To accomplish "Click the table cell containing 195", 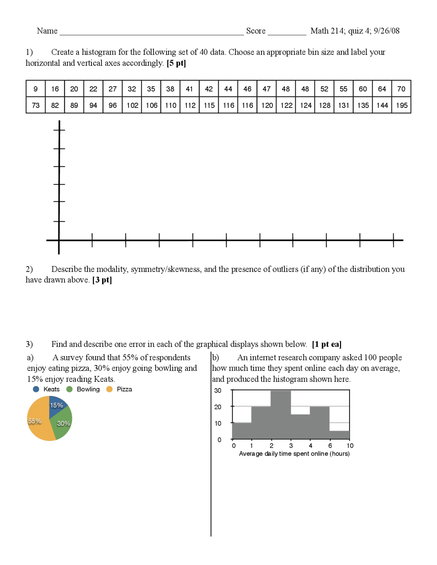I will coord(401,105).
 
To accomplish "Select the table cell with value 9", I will coord(36,89).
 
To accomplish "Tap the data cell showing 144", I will coord(382,105).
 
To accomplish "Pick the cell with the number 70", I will coord(401,89).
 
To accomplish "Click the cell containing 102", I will coord(132,105).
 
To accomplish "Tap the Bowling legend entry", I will coord(83,389).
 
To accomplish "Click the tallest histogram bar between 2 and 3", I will coord(281,415).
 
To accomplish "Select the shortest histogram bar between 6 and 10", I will coord(339,435).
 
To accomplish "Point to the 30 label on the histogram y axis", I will coord(217,390).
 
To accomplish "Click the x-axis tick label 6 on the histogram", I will coord(330,446).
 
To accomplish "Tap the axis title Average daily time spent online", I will coord(294,453).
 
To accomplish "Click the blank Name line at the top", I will coord(152,32).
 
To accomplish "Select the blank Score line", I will coord(287,32).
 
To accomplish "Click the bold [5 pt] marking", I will coord(176,63).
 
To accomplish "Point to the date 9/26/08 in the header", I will coord(386,31).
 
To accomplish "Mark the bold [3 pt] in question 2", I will coord(102,280).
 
